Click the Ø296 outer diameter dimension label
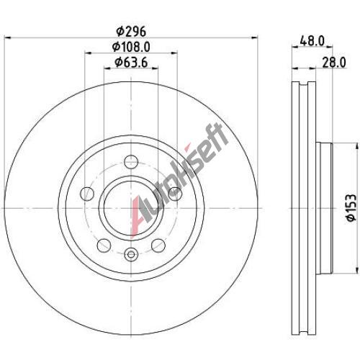(131, 32)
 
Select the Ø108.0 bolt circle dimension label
(131, 47)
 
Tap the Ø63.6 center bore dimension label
(131, 63)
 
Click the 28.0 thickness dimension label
(334, 63)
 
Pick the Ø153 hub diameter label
(351, 208)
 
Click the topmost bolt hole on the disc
(131, 162)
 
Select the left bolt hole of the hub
(87, 194)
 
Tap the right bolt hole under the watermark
(175, 194)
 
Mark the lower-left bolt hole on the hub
(104, 246)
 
